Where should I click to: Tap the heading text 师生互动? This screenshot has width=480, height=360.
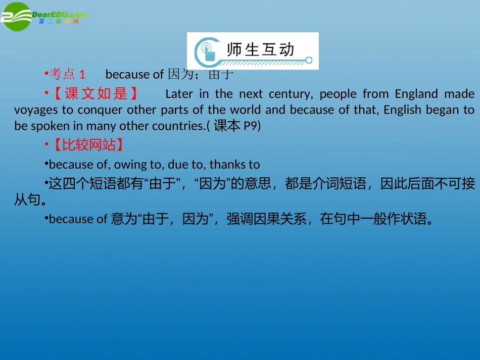[x=260, y=49]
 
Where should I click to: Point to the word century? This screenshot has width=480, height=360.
[x=291, y=94]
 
